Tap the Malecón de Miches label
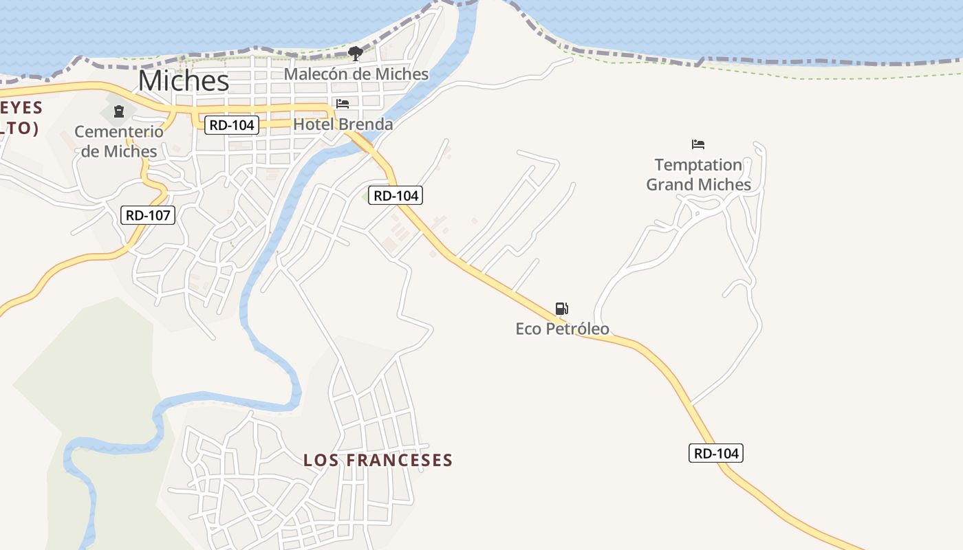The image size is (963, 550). tap(356, 74)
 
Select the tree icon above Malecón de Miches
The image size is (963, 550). tap(355, 53)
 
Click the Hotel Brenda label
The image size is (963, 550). tap(343, 124)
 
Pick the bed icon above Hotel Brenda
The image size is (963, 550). tap(343, 104)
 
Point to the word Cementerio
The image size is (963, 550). tap(119, 131)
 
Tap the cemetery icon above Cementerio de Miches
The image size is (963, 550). tap(119, 111)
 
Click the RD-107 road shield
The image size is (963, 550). tap(148, 215)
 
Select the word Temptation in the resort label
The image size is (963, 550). tap(698, 165)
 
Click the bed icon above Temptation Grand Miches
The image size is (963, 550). tap(698, 144)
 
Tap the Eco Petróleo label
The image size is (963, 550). tap(562, 329)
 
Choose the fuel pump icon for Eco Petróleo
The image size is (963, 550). tap(562, 309)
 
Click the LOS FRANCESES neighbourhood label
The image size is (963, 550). tap(378, 460)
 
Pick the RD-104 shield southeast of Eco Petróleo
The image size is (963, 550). tap(716, 453)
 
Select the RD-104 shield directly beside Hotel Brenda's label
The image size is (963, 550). tap(232, 124)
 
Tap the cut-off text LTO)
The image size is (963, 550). tap(18, 128)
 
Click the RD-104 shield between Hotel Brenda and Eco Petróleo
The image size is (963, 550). tap(395, 195)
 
